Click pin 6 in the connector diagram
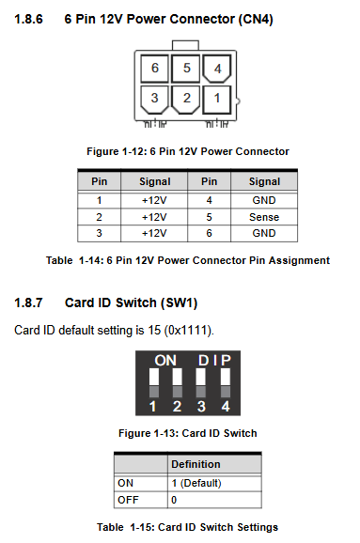point(154,68)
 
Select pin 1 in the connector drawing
point(216,99)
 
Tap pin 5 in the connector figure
point(186,68)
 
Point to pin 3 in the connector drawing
point(154,99)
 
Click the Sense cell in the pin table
point(264,217)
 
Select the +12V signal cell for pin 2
point(154,217)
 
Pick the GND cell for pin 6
point(264,233)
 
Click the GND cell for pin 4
point(264,200)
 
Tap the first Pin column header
point(99,181)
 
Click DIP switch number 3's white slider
point(200,377)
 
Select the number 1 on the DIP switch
point(152,406)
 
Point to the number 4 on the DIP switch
point(226,406)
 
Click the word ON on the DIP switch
point(165,361)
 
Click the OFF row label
point(128,500)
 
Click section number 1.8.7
point(28,303)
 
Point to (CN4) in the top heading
point(256,19)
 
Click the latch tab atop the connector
point(185,45)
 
